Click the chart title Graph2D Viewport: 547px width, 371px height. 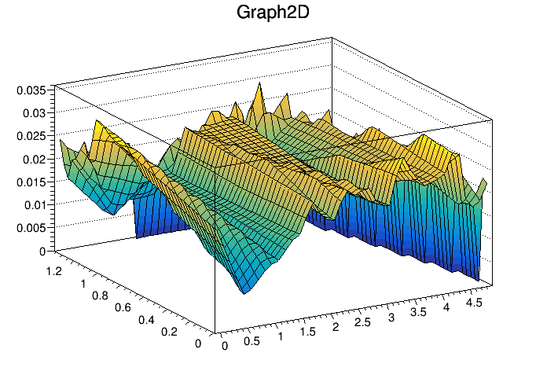click(x=273, y=13)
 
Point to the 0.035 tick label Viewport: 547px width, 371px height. click(x=32, y=90)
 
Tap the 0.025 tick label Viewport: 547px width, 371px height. click(x=32, y=136)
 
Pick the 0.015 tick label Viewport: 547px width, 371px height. click(x=32, y=182)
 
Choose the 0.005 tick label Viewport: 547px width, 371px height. click(x=32, y=229)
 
